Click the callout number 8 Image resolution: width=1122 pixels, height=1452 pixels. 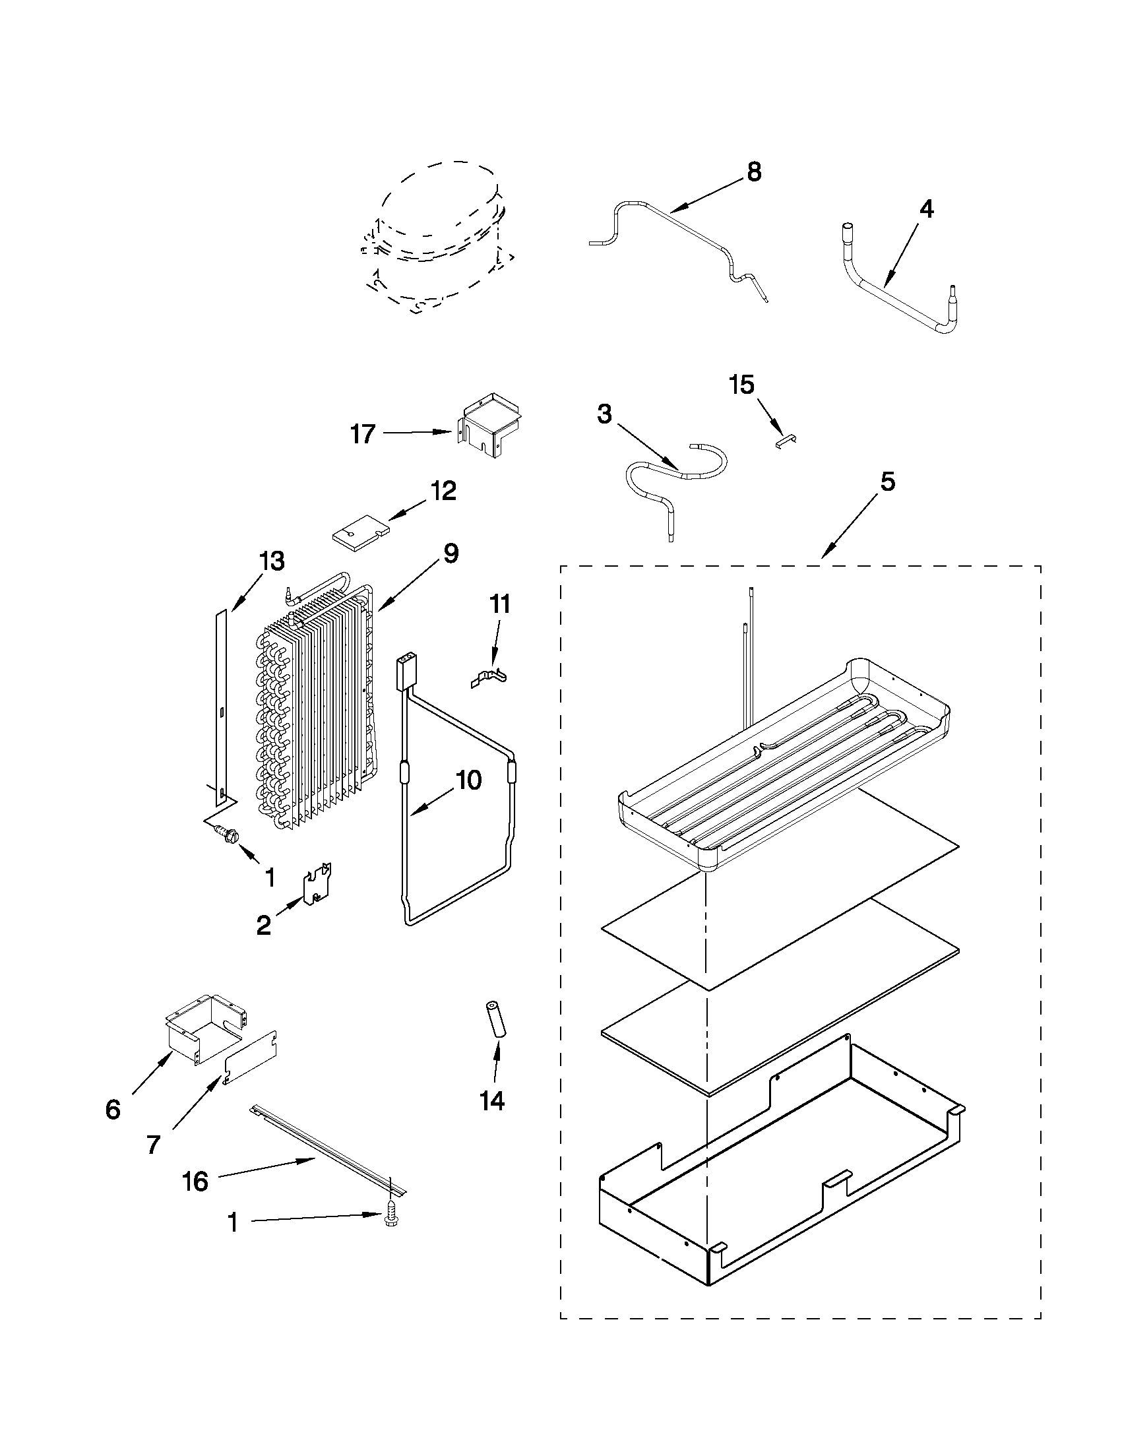coord(753,172)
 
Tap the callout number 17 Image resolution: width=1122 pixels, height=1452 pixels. coord(363,435)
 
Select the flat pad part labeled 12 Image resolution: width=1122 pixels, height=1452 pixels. coord(359,532)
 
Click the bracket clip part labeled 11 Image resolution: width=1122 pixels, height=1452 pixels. coord(489,679)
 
